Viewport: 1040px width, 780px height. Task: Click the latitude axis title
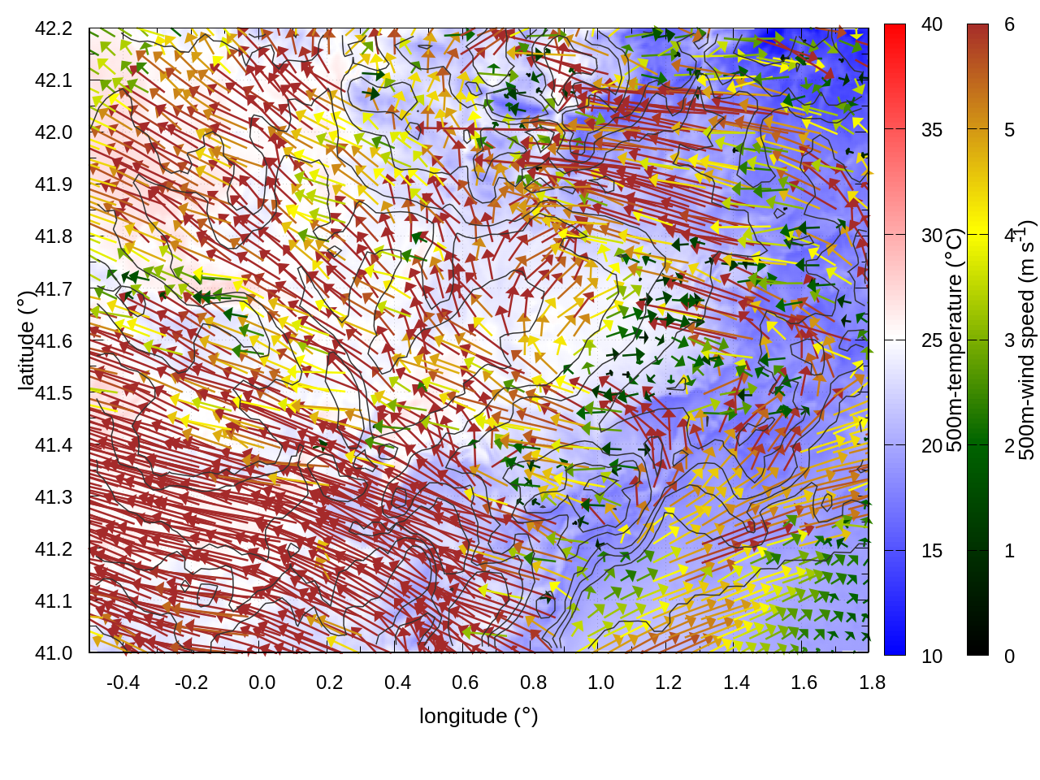pyautogui.click(x=26, y=340)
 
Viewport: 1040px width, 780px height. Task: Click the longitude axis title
pyautogui.click(x=479, y=716)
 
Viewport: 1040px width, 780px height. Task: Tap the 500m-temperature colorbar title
pyautogui.click(x=955, y=340)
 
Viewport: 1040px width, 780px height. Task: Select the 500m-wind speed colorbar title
pyautogui.click(x=1027, y=340)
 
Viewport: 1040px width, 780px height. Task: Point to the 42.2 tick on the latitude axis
pyautogui.click(x=54, y=28)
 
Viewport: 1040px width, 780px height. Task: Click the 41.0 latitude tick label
pyautogui.click(x=54, y=653)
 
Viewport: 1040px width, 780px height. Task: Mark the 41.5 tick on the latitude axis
pyautogui.click(x=54, y=393)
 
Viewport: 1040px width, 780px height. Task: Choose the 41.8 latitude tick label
pyautogui.click(x=54, y=236)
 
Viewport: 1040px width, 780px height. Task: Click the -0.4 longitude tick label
pyautogui.click(x=123, y=682)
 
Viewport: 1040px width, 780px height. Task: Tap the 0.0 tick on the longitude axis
pyautogui.click(x=262, y=682)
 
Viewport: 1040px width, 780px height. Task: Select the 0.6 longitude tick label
pyautogui.click(x=466, y=682)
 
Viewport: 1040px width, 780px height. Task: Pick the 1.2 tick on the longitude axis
pyautogui.click(x=669, y=682)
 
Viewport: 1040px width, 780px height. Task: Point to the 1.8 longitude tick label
pyautogui.click(x=873, y=682)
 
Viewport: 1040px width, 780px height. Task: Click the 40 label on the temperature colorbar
pyautogui.click(x=932, y=24)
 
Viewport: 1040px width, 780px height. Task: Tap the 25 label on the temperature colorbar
pyautogui.click(x=932, y=340)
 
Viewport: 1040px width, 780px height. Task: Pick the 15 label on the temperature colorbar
pyautogui.click(x=932, y=551)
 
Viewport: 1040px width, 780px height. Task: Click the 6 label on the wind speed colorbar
pyautogui.click(x=1010, y=24)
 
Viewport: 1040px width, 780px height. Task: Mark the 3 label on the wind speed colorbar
pyautogui.click(x=1010, y=340)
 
